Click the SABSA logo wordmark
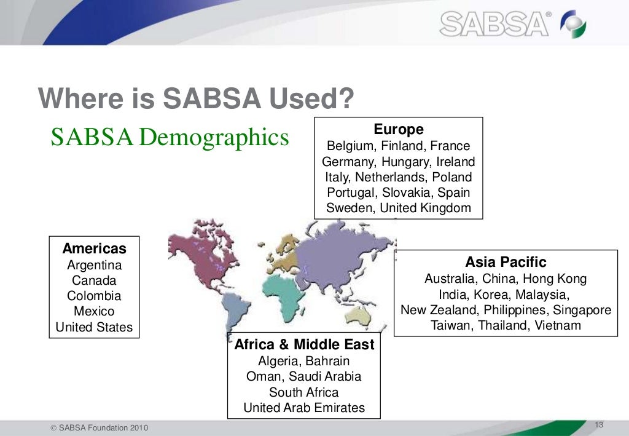494,24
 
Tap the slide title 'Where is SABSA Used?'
196,98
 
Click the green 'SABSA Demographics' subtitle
170,137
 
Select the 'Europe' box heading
399,130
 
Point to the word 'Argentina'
95,265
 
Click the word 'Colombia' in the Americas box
95,296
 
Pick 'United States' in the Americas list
95,327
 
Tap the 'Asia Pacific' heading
506,263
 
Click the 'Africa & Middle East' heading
304,345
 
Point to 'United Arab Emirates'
304,408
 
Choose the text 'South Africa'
304,392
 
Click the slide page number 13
600,426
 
